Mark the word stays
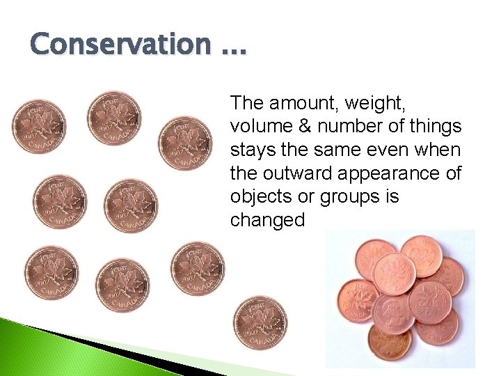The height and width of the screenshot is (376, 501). (x=252, y=150)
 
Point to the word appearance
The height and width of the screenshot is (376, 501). (x=396, y=173)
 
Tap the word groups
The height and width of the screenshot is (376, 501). (x=352, y=196)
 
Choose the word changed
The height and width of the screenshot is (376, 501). (x=267, y=220)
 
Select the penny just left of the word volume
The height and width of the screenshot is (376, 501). (x=185, y=143)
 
